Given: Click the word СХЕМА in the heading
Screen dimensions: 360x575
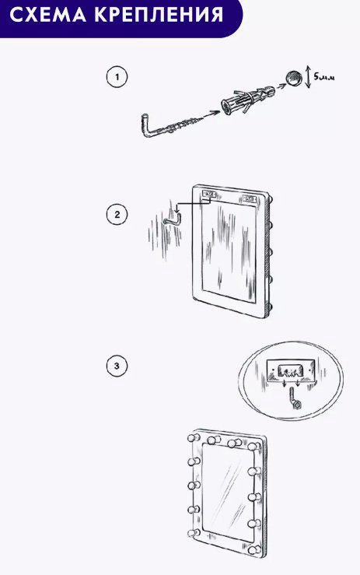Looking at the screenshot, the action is [48, 15].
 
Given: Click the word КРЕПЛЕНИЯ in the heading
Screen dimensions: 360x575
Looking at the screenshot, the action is [159, 15].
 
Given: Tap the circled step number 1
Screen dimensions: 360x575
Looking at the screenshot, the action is [117, 77].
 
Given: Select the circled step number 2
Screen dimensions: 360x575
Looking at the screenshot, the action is [117, 215].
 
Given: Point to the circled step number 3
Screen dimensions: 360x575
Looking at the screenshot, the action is [117, 366].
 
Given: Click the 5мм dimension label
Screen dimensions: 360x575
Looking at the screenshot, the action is [324, 77].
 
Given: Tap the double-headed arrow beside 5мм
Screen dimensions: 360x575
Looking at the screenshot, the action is [308, 77].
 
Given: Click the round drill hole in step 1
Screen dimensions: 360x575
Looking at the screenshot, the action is [293, 79].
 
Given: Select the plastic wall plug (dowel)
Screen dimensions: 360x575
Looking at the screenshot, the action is [247, 100].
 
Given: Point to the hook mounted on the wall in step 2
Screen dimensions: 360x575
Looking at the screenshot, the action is [172, 221].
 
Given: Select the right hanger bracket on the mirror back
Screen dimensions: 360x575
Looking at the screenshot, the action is [250, 198].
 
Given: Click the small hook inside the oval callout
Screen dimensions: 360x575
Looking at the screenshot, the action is [295, 398].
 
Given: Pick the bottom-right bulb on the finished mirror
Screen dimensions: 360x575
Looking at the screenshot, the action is [253, 550].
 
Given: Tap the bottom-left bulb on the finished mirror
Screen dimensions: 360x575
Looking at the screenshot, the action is [193, 533].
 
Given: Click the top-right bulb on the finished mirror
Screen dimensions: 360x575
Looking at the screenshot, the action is [253, 447].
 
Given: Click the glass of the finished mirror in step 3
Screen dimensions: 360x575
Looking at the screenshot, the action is [227, 493].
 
